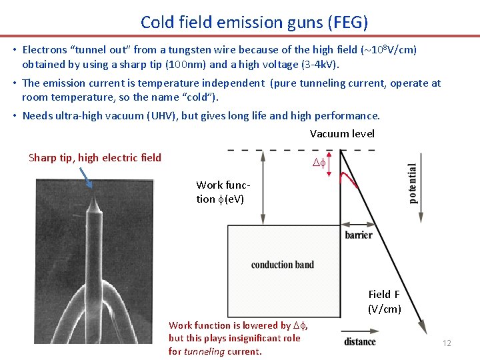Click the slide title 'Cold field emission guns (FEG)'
pos(254,22)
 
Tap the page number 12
pos(447,343)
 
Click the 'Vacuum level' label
pos(342,134)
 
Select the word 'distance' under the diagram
pos(360,342)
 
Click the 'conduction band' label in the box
pos(283,265)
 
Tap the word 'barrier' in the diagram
pos(359,235)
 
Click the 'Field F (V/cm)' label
pos(385,301)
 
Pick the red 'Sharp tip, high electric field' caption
pos(95,158)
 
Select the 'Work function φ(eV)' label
pos(220,192)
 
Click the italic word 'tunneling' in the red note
pos(203,351)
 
